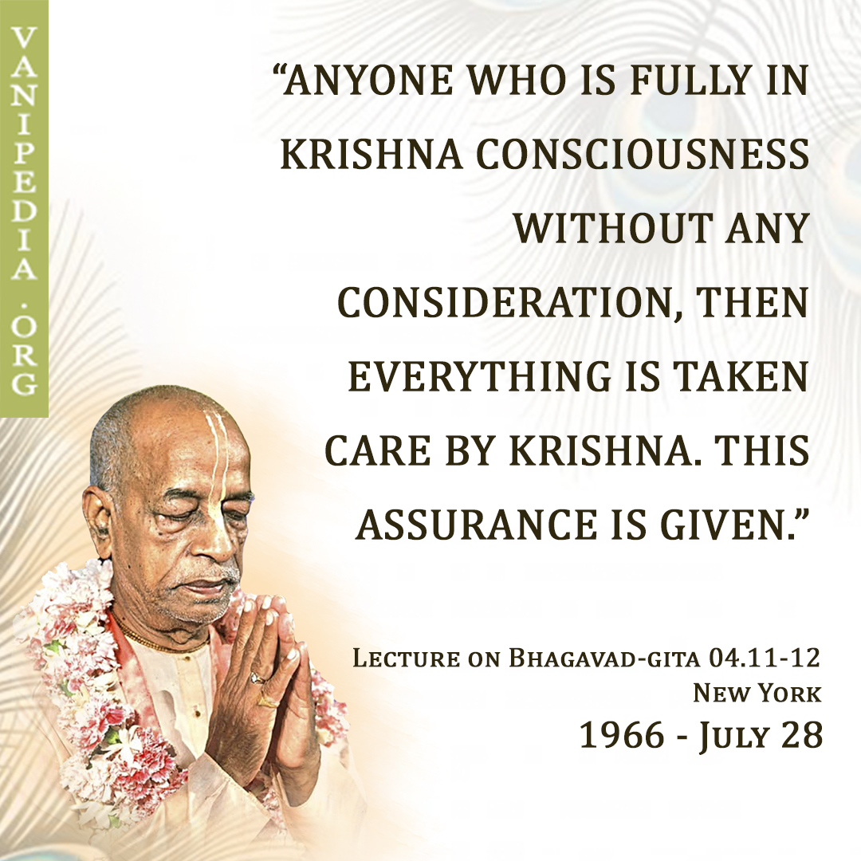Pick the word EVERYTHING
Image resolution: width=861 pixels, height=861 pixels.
pyautogui.click(x=479, y=375)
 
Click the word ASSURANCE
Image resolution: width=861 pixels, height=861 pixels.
pyautogui.click(x=476, y=524)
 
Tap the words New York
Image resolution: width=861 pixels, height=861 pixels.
pyautogui.click(x=757, y=693)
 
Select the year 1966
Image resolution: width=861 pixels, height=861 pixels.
pyautogui.click(x=622, y=735)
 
